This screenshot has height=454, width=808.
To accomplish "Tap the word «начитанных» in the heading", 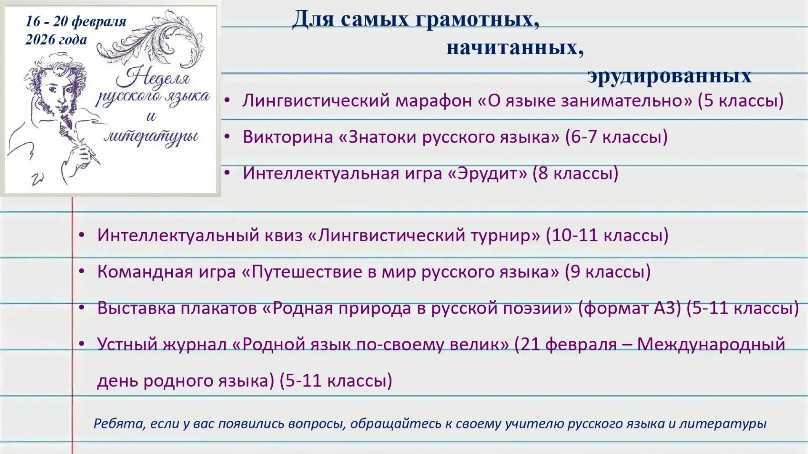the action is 515,48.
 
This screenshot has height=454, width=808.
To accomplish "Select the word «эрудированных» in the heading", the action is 670,76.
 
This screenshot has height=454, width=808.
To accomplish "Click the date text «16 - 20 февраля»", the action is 76,21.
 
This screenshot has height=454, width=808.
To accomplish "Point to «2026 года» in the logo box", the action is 56,40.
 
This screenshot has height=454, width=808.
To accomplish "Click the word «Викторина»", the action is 288,137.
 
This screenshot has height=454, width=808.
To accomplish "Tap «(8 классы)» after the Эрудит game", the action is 575,174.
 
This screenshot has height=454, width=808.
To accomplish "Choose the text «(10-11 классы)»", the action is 607,235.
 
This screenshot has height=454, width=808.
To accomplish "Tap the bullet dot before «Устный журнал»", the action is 82,344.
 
